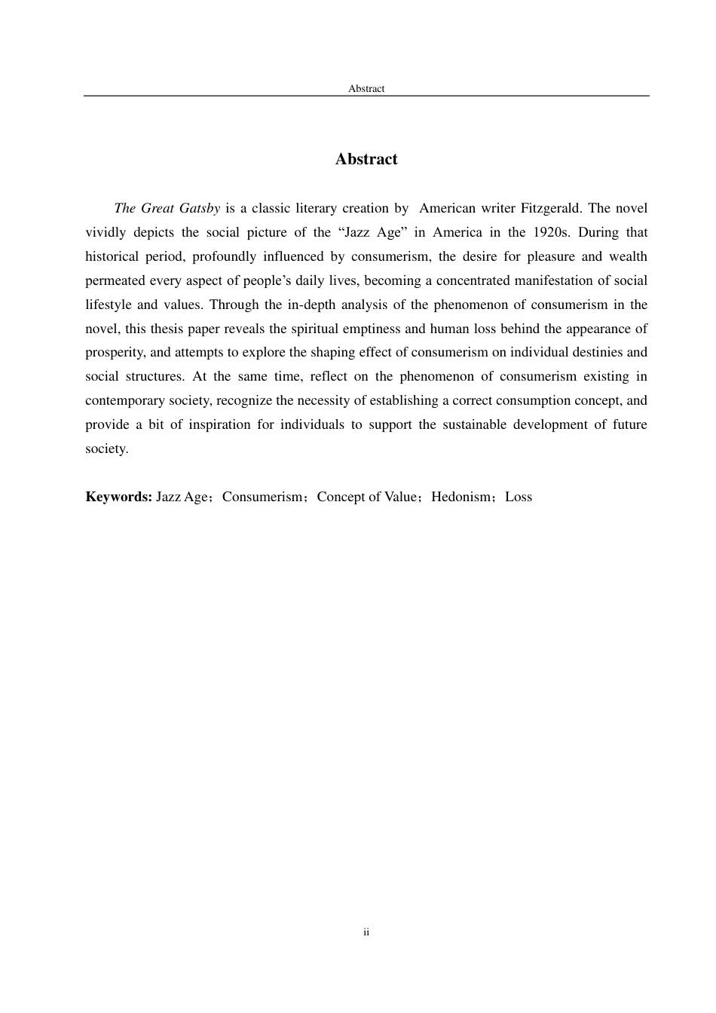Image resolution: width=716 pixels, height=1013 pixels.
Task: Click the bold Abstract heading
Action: [366, 159]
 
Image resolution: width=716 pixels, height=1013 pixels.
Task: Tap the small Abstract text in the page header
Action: [366, 89]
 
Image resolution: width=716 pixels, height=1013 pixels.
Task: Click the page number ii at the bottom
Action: [366, 932]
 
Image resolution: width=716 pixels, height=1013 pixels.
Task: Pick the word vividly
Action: [106, 232]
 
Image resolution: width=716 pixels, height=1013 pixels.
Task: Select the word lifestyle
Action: [107, 305]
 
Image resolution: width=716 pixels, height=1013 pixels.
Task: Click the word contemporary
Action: [123, 400]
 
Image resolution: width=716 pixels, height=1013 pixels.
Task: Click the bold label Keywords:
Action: [119, 497]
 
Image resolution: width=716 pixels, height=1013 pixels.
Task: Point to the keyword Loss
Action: [519, 497]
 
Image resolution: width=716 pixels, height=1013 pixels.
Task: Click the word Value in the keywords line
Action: [400, 497]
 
